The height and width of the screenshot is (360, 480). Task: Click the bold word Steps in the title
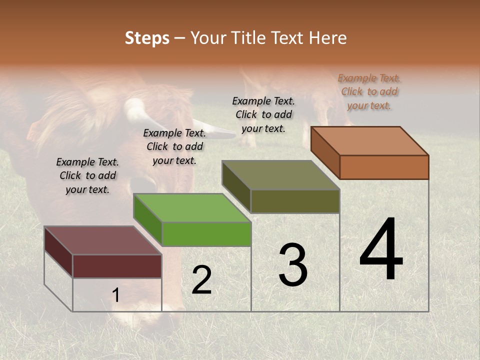[x=147, y=38]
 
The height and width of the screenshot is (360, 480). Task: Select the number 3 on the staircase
[x=292, y=265]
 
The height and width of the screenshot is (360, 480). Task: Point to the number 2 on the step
[x=201, y=280]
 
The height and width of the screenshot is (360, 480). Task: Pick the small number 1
[x=116, y=295]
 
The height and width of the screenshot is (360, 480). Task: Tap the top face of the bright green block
[x=192, y=208]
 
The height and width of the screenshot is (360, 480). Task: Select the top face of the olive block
[x=281, y=175]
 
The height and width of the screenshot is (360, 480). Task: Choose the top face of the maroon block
[x=103, y=240]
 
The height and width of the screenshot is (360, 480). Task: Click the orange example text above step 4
[x=369, y=91]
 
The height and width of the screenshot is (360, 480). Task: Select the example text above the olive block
[x=263, y=114]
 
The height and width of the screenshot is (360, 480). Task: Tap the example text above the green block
[x=174, y=146]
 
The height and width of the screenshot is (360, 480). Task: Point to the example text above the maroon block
[x=87, y=175]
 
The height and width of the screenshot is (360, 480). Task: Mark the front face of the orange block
[x=384, y=167]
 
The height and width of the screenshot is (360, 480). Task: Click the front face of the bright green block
[x=206, y=234]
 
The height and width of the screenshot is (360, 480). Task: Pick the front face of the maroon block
[x=117, y=266]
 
